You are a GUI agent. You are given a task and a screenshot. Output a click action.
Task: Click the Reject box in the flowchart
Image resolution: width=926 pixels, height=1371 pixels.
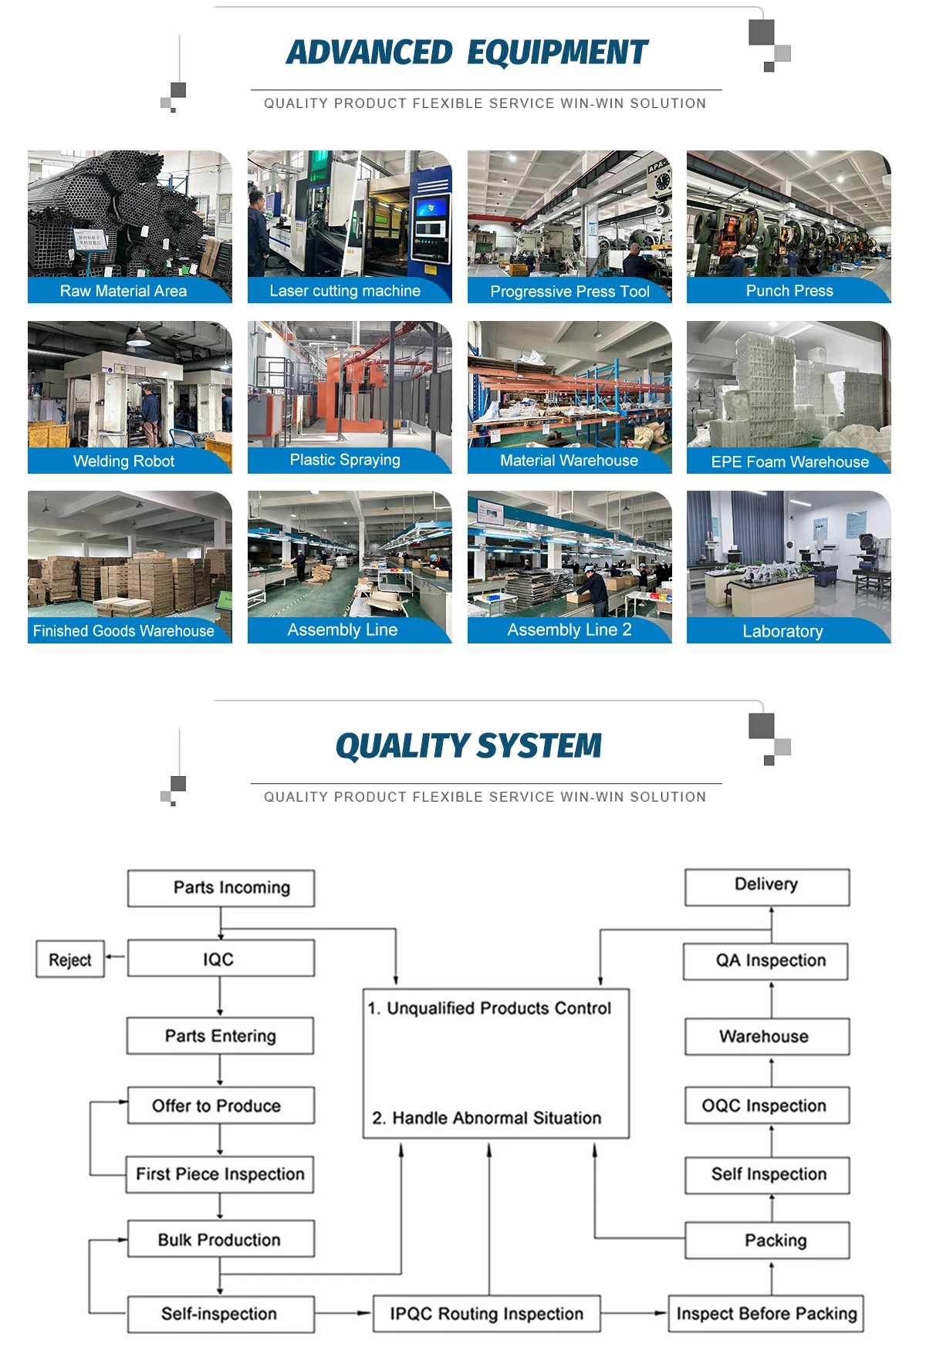(x=70, y=959)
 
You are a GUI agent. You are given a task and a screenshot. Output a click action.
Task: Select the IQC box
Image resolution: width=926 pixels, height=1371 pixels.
(x=221, y=958)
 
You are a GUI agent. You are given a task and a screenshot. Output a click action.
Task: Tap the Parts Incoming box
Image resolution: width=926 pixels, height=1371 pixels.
(x=221, y=888)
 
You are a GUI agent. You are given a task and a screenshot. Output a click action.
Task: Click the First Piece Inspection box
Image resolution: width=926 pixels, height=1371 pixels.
(x=220, y=1174)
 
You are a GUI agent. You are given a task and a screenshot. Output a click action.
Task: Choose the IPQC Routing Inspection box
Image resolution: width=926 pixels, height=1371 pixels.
(x=486, y=1313)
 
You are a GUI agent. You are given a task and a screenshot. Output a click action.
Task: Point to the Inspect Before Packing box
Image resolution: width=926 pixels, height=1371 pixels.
(x=765, y=1313)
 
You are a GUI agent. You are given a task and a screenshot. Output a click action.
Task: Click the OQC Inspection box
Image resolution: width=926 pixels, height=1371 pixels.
(x=766, y=1106)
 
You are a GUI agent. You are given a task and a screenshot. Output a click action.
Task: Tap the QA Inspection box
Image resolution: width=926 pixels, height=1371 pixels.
(x=765, y=961)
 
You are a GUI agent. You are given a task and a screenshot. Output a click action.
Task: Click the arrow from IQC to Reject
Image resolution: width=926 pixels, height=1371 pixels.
(x=115, y=957)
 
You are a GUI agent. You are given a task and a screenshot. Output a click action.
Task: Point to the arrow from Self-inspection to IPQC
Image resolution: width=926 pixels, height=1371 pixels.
(x=343, y=1313)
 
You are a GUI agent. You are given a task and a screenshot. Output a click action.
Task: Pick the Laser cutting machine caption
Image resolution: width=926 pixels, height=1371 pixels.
(x=345, y=291)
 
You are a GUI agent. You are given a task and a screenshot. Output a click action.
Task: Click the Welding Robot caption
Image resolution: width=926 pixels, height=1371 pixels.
(x=123, y=461)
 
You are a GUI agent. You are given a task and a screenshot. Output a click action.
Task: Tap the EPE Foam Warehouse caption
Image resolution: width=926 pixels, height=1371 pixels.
(x=789, y=461)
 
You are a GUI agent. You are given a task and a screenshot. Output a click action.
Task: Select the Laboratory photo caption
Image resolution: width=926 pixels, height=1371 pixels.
(x=782, y=631)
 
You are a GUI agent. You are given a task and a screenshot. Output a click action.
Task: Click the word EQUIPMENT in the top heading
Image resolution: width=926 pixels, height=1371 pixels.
(x=557, y=52)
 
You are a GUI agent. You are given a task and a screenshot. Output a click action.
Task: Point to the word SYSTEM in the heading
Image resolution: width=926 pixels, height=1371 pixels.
(x=539, y=746)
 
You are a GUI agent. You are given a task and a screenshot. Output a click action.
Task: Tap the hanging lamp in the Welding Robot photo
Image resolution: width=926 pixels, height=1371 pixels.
(x=138, y=337)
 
